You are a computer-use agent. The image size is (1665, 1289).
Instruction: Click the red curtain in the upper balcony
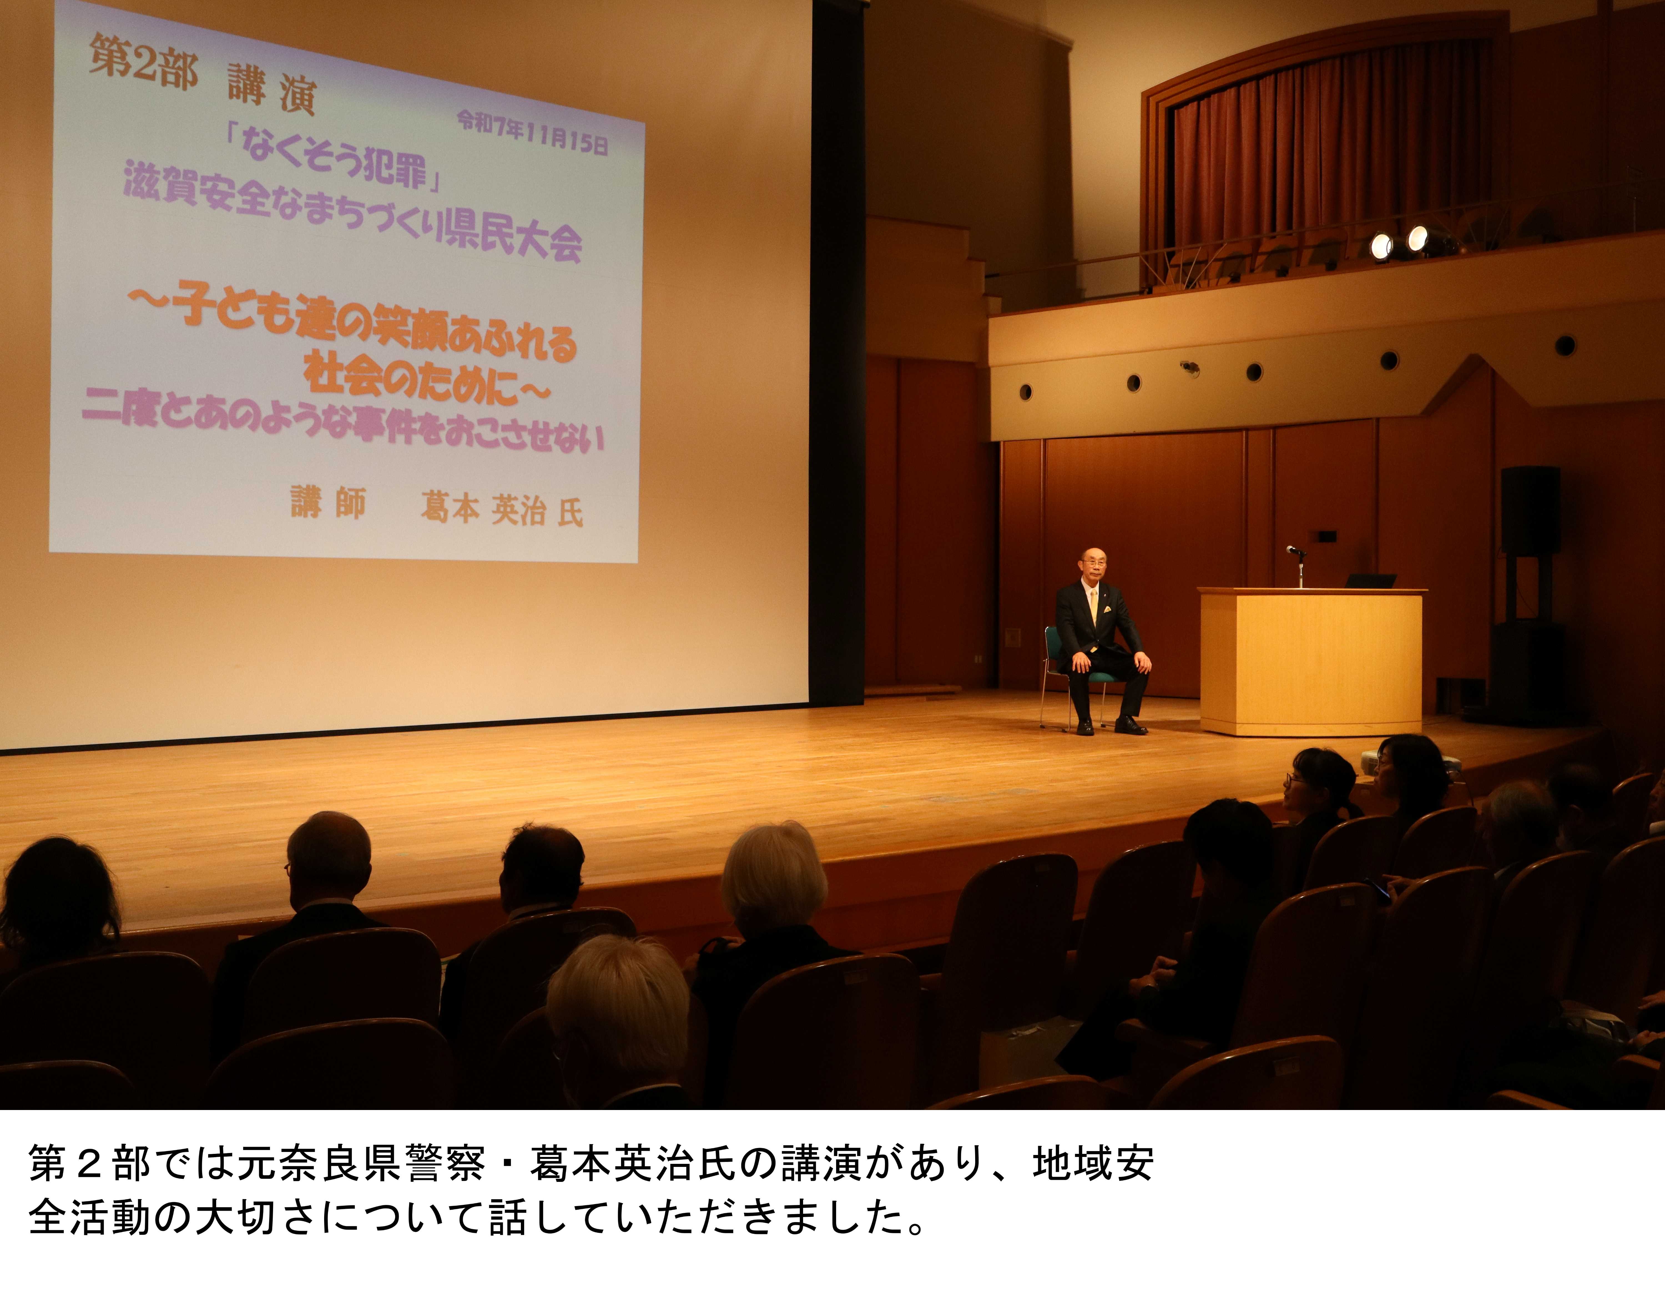(1326, 152)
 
